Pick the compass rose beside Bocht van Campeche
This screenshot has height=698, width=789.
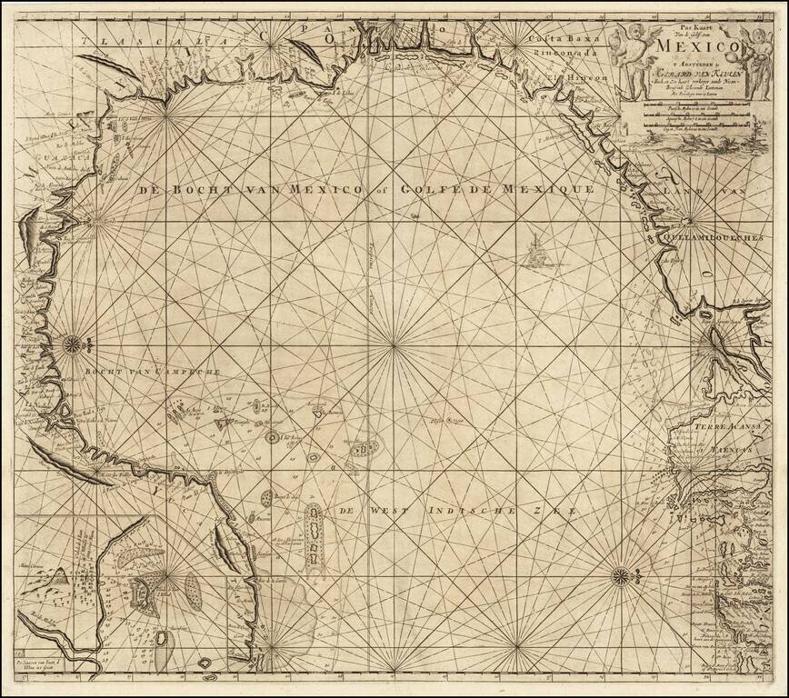pyautogui.click(x=71, y=344)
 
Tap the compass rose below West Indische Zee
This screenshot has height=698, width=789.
pyautogui.click(x=620, y=573)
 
